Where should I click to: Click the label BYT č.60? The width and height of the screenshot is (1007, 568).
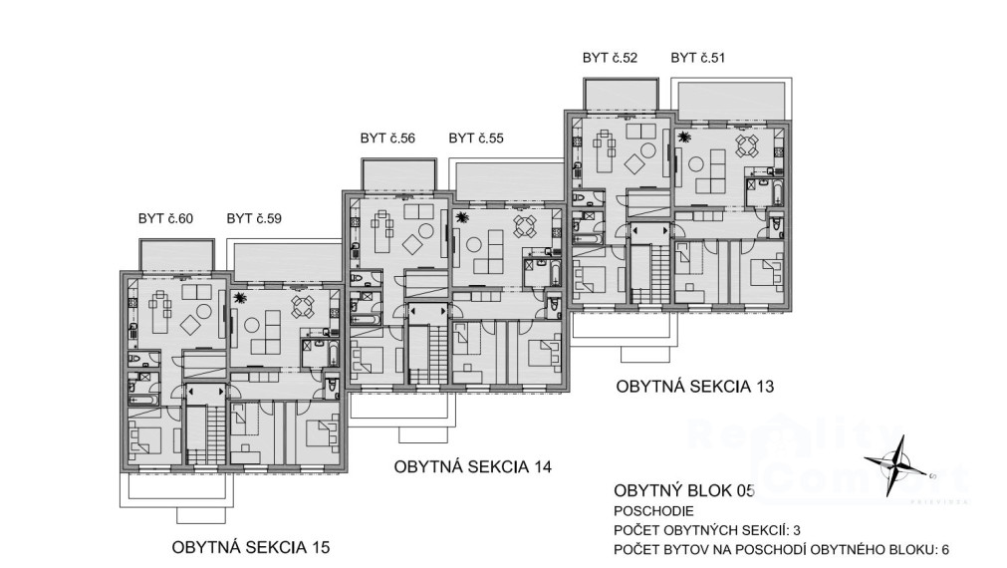point(165,218)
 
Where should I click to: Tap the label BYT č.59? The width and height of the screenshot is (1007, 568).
point(254,218)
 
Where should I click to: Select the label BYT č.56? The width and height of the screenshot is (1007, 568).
point(387,139)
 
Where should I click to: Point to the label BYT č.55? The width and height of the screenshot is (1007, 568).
point(476,139)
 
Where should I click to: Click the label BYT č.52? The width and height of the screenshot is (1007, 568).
point(610,58)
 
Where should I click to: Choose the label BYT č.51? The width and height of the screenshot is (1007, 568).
point(698,58)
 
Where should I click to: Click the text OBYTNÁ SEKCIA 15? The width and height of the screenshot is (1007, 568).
point(250,547)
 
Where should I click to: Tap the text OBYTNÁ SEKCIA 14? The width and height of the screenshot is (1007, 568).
point(473,466)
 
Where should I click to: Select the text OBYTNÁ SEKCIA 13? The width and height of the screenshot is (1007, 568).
point(695,387)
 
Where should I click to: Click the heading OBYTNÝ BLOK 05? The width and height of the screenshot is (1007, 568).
point(684,491)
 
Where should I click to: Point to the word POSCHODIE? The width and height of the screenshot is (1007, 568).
point(653,512)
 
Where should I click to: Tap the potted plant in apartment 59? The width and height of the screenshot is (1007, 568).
point(240,298)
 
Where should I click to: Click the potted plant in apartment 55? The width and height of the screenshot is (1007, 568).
point(462,217)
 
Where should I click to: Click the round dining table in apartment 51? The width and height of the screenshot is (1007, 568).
point(747,145)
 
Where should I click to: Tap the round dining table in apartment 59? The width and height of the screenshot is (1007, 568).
point(303,307)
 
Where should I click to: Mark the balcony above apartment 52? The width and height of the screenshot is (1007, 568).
point(621,95)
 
